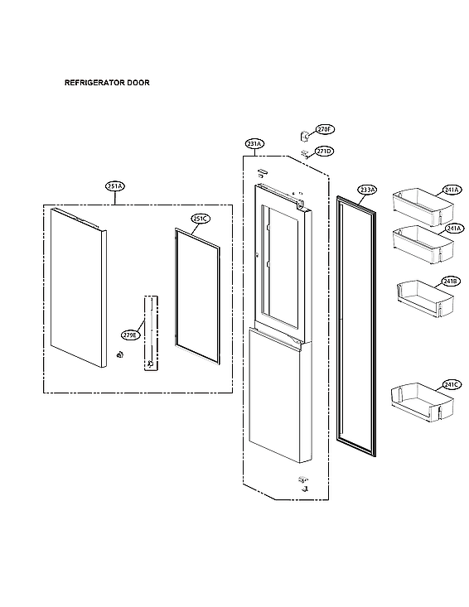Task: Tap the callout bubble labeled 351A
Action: tap(114, 186)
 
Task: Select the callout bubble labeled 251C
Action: tap(201, 219)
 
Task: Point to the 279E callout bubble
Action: tap(129, 335)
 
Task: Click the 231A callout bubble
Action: tap(254, 143)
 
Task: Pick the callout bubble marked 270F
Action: tap(324, 130)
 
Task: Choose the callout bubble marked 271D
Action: tap(324, 151)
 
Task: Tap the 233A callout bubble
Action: tap(367, 190)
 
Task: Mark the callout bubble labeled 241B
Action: tap(450, 282)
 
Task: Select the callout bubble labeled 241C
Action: tap(451, 384)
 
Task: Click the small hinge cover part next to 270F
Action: tap(304, 132)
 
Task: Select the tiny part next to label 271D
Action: tap(305, 153)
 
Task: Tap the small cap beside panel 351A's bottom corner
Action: tap(119, 356)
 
